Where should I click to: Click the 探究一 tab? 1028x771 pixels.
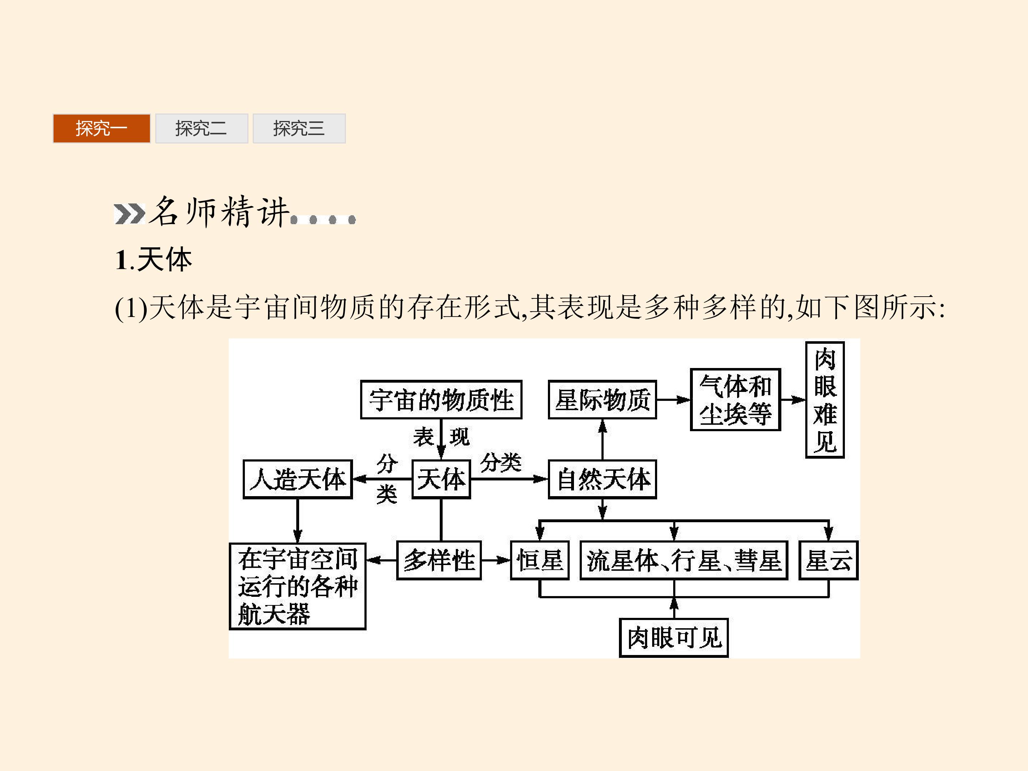tap(101, 128)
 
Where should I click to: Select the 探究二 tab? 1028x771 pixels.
tap(202, 128)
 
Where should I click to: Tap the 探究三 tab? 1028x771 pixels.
tap(299, 128)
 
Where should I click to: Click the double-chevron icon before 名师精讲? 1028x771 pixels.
tap(130, 214)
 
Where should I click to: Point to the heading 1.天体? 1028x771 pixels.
tap(153, 259)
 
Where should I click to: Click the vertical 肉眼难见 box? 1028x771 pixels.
tap(825, 400)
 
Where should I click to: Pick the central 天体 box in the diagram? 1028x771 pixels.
tap(441, 479)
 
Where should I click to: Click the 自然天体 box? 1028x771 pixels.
tap(602, 479)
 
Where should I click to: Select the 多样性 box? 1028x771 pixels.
tap(439, 560)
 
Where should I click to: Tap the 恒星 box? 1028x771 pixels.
tap(540, 560)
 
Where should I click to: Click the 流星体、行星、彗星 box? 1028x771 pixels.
tap(684, 560)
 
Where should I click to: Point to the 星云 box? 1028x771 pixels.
tap(828, 560)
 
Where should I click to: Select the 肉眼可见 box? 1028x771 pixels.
tap(674, 638)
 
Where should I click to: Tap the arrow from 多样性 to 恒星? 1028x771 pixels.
tap(496, 560)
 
